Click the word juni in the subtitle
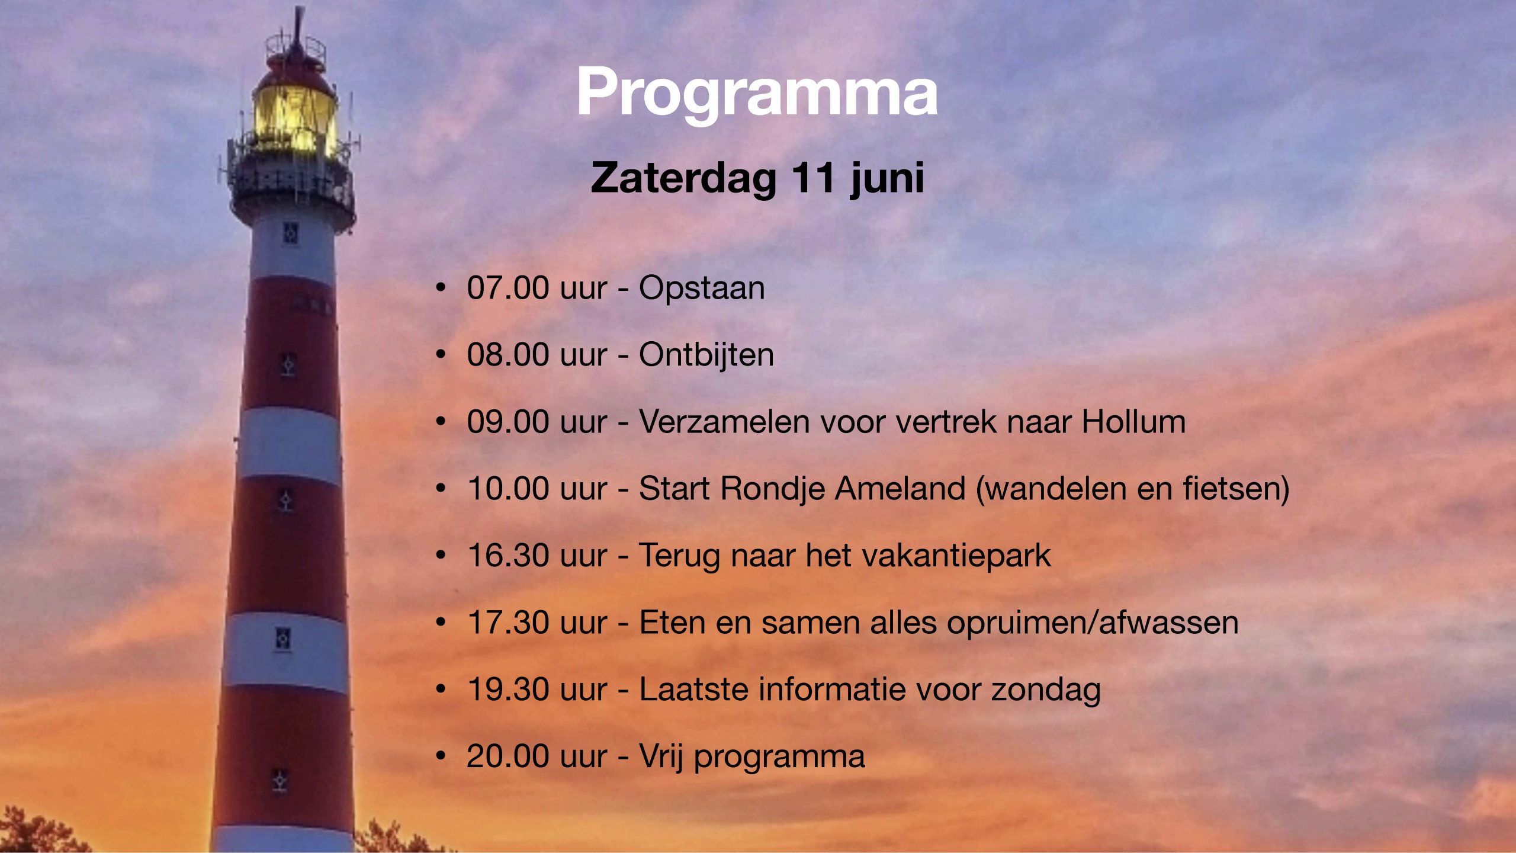pos(887,178)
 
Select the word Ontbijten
pos(706,355)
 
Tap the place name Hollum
pos(1133,422)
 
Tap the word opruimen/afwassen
pos(1093,623)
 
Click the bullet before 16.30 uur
pos(440,556)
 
